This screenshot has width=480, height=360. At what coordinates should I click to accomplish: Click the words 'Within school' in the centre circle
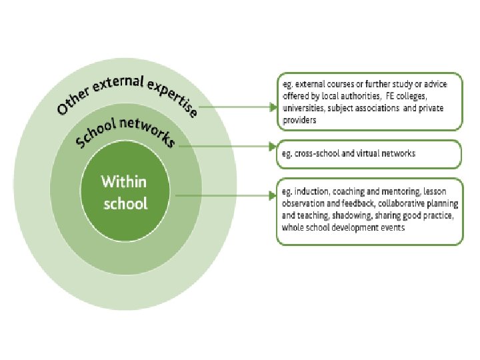[124, 192]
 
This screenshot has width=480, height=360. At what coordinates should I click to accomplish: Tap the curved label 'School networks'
[125, 131]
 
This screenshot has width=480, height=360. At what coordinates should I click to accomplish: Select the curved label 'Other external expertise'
[127, 91]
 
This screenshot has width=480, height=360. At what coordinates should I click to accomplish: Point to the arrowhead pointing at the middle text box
[272, 145]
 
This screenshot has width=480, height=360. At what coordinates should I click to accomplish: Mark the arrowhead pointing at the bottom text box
[272, 195]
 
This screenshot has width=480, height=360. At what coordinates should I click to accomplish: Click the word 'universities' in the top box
[303, 108]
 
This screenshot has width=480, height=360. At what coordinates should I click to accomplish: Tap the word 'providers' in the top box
[299, 121]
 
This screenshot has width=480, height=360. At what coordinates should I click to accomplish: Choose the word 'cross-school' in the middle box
[316, 153]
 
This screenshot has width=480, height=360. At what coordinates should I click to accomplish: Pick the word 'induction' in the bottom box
[311, 191]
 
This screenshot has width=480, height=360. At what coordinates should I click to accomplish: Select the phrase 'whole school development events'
[343, 228]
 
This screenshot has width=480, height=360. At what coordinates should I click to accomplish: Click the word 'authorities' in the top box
[360, 96]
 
